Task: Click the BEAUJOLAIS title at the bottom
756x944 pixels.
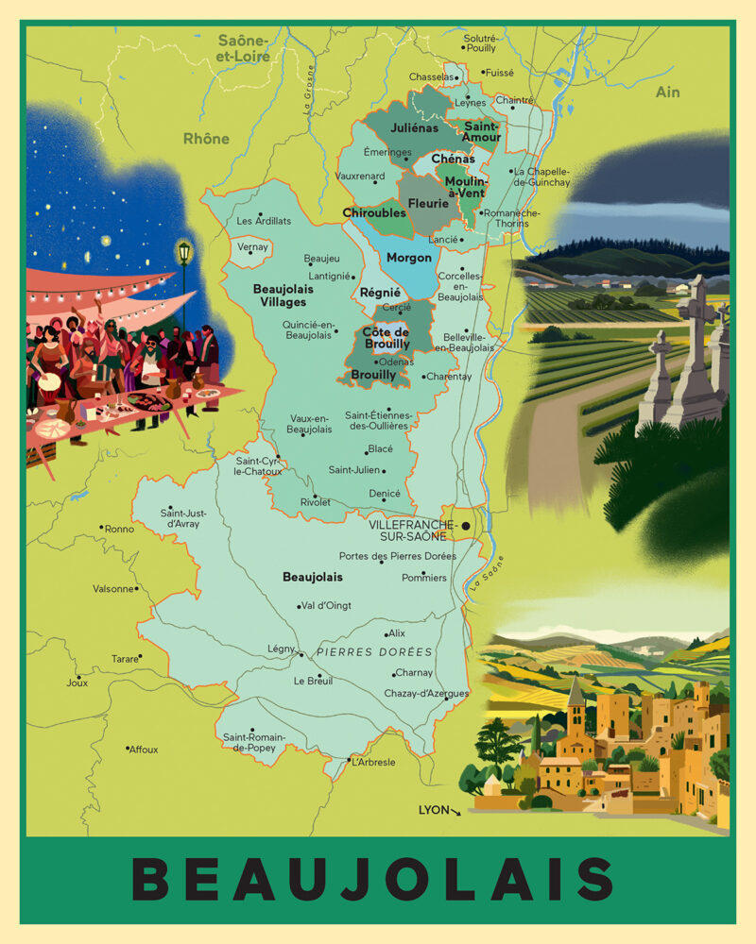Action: click(x=377, y=879)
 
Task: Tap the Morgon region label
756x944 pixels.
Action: click(x=409, y=258)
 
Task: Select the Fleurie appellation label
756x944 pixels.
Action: click(x=428, y=203)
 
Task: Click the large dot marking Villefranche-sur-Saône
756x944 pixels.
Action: click(x=466, y=526)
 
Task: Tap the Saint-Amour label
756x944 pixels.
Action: click(x=481, y=131)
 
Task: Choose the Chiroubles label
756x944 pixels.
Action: click(x=374, y=213)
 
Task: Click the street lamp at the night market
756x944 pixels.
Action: click(x=184, y=253)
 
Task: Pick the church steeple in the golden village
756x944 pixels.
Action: click(x=576, y=694)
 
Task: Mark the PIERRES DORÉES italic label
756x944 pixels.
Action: click(x=374, y=652)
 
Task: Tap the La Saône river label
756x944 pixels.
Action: click(x=488, y=574)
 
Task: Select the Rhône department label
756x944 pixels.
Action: click(x=206, y=139)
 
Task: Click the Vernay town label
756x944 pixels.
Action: click(x=253, y=247)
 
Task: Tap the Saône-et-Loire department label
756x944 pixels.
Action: click(x=244, y=48)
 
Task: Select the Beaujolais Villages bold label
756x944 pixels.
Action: click(x=280, y=295)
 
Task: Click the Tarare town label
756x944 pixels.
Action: click(x=124, y=658)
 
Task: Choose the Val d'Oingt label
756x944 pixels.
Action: click(x=328, y=606)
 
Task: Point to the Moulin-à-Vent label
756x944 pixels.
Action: click(x=465, y=187)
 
